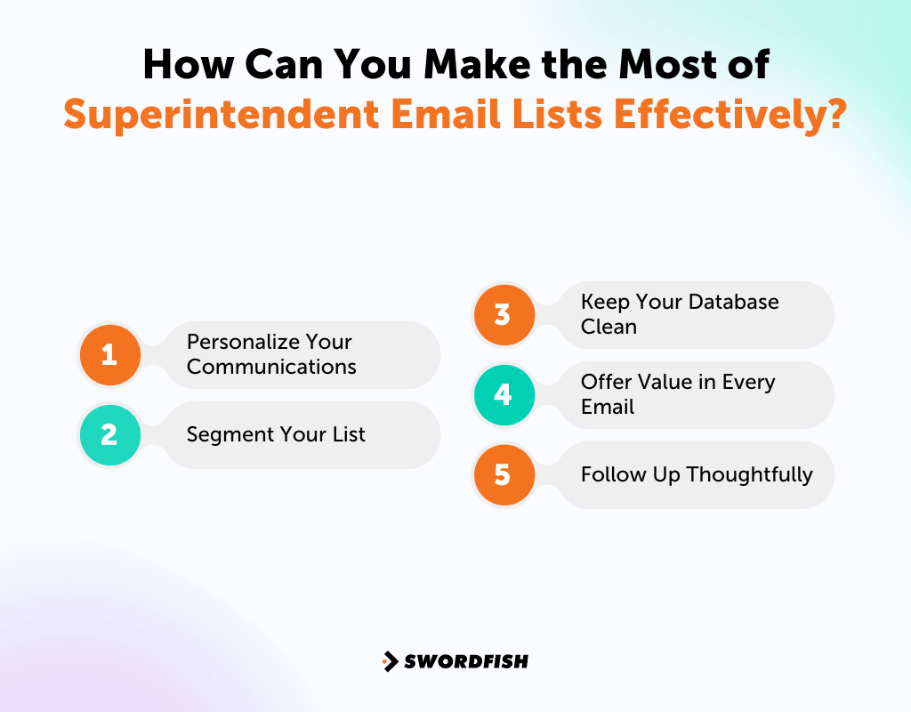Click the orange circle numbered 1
(x=109, y=355)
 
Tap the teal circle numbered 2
(x=109, y=435)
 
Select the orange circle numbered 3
(x=503, y=315)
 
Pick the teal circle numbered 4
(x=503, y=394)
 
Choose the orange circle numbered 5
(x=503, y=474)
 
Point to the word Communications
(x=271, y=367)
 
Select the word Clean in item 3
(x=609, y=327)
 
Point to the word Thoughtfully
(x=749, y=474)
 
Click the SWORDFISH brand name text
(x=465, y=661)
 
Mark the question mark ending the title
(x=832, y=114)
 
